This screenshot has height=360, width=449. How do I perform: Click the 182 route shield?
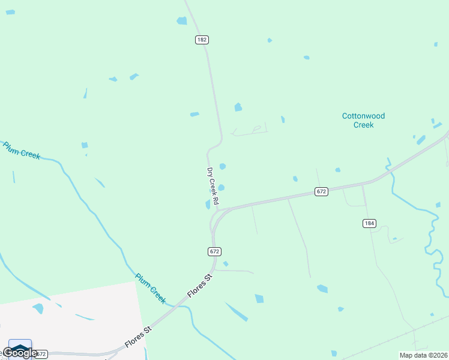click(x=202, y=40)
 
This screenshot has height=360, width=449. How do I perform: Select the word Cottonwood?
click(x=363, y=116)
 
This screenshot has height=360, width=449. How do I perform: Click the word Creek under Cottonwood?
click(x=363, y=125)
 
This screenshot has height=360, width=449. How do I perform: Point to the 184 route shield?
click(x=369, y=223)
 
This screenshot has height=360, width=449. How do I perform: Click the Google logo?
click(x=19, y=352)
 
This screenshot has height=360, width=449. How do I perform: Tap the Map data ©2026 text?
click(x=423, y=355)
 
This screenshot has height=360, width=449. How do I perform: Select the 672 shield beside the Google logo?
click(x=41, y=354)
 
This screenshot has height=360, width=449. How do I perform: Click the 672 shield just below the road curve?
click(x=215, y=251)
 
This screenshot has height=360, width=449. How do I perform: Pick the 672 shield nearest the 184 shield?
click(x=321, y=191)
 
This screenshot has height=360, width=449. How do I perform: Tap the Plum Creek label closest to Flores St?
click(x=150, y=288)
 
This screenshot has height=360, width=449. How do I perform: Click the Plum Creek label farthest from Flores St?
click(x=22, y=150)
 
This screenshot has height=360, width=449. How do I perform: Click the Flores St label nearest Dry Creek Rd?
click(x=200, y=286)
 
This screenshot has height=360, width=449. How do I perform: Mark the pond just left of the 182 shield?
click(x=181, y=21)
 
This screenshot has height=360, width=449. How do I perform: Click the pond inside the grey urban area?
click(x=38, y=308)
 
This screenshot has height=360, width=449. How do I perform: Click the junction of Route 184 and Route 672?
click(x=362, y=184)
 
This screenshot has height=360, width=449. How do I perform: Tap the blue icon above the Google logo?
click(x=20, y=346)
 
